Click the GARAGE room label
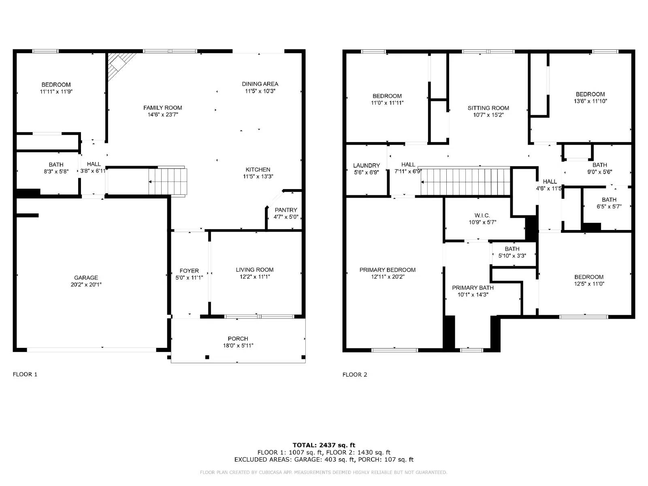click(x=86, y=278)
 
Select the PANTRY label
click(x=286, y=210)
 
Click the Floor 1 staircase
click(x=168, y=181)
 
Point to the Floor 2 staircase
click(x=465, y=181)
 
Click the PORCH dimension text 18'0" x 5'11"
click(x=238, y=345)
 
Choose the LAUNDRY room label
click(x=367, y=165)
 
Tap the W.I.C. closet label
click(x=482, y=215)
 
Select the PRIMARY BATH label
click(x=473, y=288)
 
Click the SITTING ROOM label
click(x=488, y=108)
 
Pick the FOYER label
click(x=189, y=271)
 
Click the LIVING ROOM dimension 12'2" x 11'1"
click(x=255, y=277)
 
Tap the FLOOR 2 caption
click(x=355, y=374)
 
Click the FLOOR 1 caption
click(x=25, y=374)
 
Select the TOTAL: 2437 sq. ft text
click(x=324, y=445)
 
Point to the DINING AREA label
click(x=260, y=84)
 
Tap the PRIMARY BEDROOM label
click(x=388, y=270)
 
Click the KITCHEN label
click(x=258, y=169)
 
